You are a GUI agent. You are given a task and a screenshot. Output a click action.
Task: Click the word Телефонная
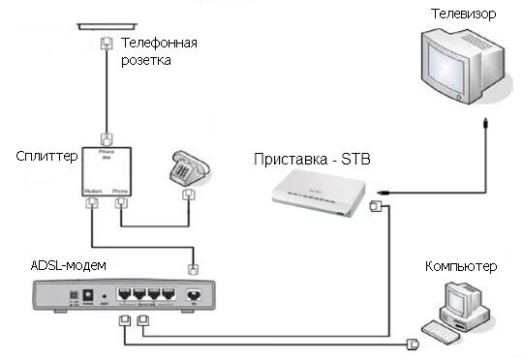click(160, 43)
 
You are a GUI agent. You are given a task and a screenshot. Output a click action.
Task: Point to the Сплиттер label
click(46, 156)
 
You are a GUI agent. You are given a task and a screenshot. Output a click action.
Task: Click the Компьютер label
click(460, 265)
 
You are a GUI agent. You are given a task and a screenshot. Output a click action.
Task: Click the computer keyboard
click(451, 335)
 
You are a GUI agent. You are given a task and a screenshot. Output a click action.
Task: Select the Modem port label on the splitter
click(93, 191)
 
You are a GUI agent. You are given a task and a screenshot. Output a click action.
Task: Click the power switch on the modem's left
click(73, 295)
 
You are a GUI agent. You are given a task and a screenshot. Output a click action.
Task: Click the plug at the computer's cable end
click(414, 343)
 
